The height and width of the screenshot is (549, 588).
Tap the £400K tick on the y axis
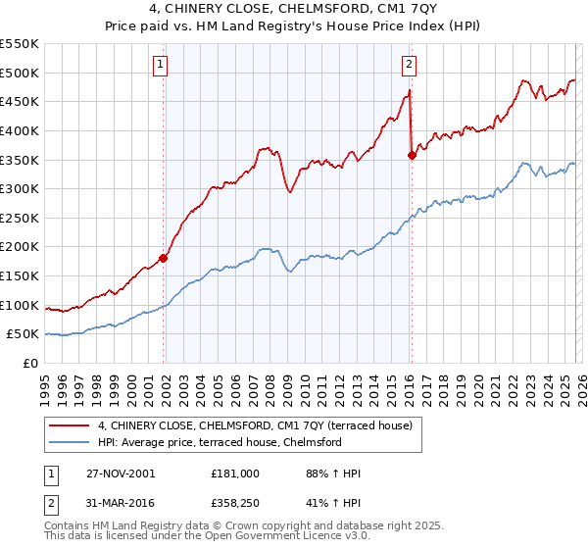coord(20,130)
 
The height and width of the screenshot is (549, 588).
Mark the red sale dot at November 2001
coord(164,258)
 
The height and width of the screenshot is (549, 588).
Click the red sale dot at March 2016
coord(412,154)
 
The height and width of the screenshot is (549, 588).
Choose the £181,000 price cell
coord(235,474)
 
